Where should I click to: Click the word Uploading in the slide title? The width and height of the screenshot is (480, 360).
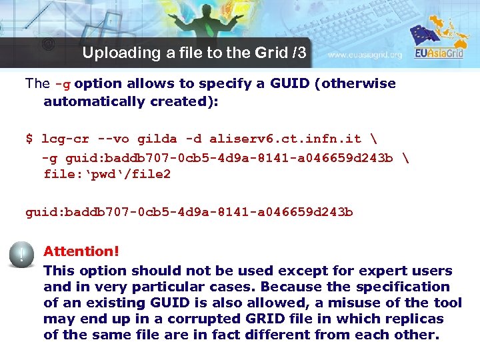(x=113, y=53)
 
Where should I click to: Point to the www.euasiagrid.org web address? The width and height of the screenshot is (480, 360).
(x=365, y=55)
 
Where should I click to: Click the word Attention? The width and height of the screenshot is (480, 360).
(x=81, y=251)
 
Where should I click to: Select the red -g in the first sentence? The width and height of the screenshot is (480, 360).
(x=63, y=84)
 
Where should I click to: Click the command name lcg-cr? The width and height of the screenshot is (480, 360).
(x=65, y=139)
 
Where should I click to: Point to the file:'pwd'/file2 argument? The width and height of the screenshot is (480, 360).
(x=107, y=175)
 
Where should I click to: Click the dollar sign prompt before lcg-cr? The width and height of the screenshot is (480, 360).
(x=29, y=139)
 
